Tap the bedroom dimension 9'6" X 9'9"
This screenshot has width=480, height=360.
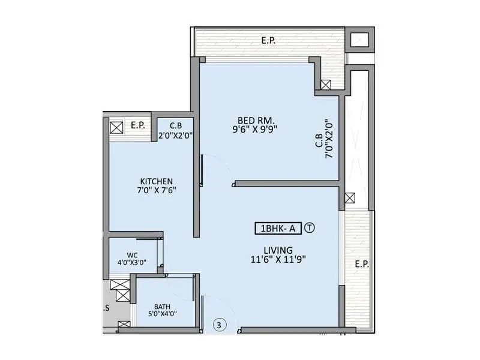pos(255,128)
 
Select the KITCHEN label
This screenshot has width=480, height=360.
pos(157,181)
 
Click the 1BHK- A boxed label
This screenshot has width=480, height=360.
pos(277,228)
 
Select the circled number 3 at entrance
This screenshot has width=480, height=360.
pos(220,325)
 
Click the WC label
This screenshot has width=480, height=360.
pos(132,254)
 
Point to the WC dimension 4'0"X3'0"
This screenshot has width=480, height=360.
pos(132,262)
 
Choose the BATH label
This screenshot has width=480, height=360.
pos(161,306)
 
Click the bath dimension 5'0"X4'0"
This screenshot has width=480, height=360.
pos(161,314)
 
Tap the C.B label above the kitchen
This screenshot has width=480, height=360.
pos(176,125)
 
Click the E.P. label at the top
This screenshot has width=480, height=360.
pos(268,41)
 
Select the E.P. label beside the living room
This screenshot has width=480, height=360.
pos(362,264)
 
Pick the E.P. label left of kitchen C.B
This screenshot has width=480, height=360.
pos(138,125)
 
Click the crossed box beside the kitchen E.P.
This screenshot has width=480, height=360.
pos(116,127)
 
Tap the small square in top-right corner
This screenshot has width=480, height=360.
pos(359,40)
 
